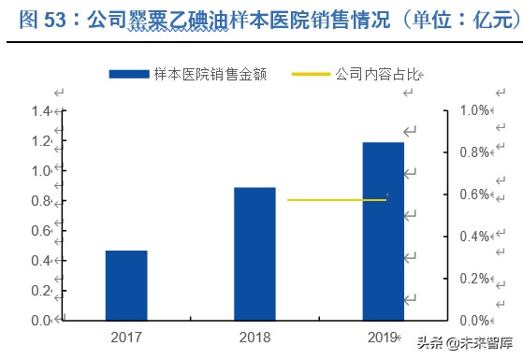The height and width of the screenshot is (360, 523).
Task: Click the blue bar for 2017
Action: [x=126, y=285]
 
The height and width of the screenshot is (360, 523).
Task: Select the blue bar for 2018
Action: [x=254, y=253]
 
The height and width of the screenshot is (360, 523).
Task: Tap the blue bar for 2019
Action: [x=384, y=231]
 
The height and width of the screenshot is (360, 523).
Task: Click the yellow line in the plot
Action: [x=336, y=200]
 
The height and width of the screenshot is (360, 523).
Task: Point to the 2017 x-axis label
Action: [x=126, y=336]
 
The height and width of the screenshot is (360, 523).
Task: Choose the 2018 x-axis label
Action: [x=254, y=336]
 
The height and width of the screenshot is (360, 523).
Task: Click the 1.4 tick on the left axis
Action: [x=40, y=111]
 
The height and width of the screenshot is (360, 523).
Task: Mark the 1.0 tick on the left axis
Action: [x=40, y=171]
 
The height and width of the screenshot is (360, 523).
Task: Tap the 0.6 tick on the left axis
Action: [x=40, y=230]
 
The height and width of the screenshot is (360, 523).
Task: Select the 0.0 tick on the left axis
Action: [x=40, y=320]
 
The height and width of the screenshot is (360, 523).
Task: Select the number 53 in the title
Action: [x=54, y=18]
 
